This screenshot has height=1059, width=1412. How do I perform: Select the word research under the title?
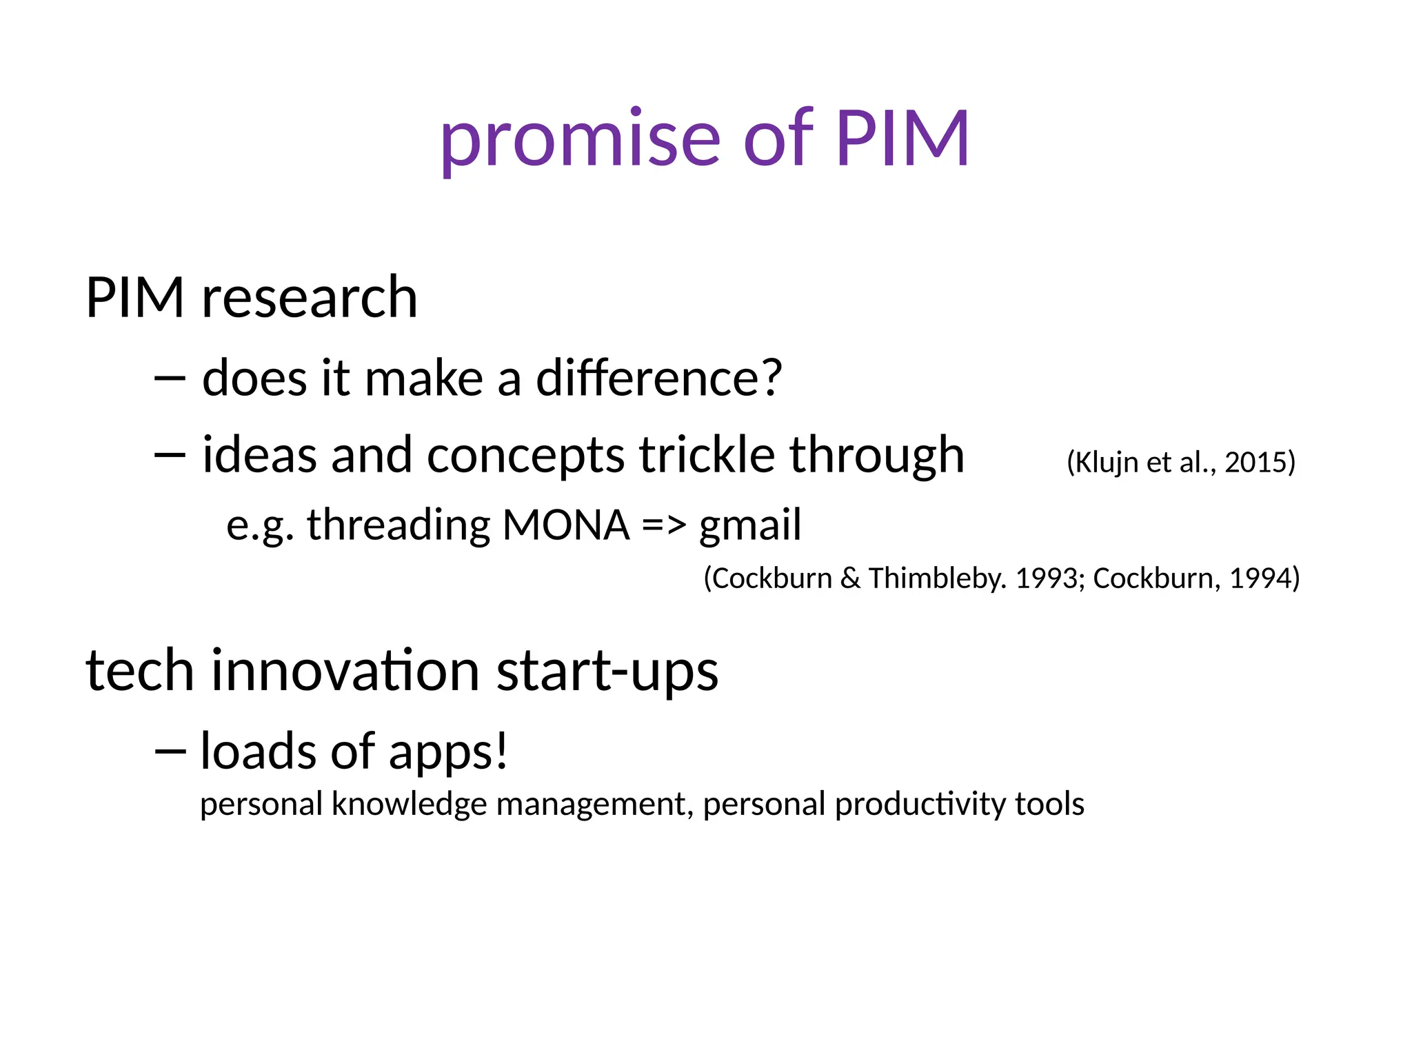point(310,298)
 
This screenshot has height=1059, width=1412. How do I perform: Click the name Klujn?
point(1106,463)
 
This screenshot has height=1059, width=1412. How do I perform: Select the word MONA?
point(566,525)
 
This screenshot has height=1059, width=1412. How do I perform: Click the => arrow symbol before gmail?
point(664,526)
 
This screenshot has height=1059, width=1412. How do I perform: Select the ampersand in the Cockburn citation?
point(850,578)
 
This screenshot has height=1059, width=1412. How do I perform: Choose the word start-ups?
point(607,672)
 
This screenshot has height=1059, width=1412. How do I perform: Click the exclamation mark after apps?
point(501,751)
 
